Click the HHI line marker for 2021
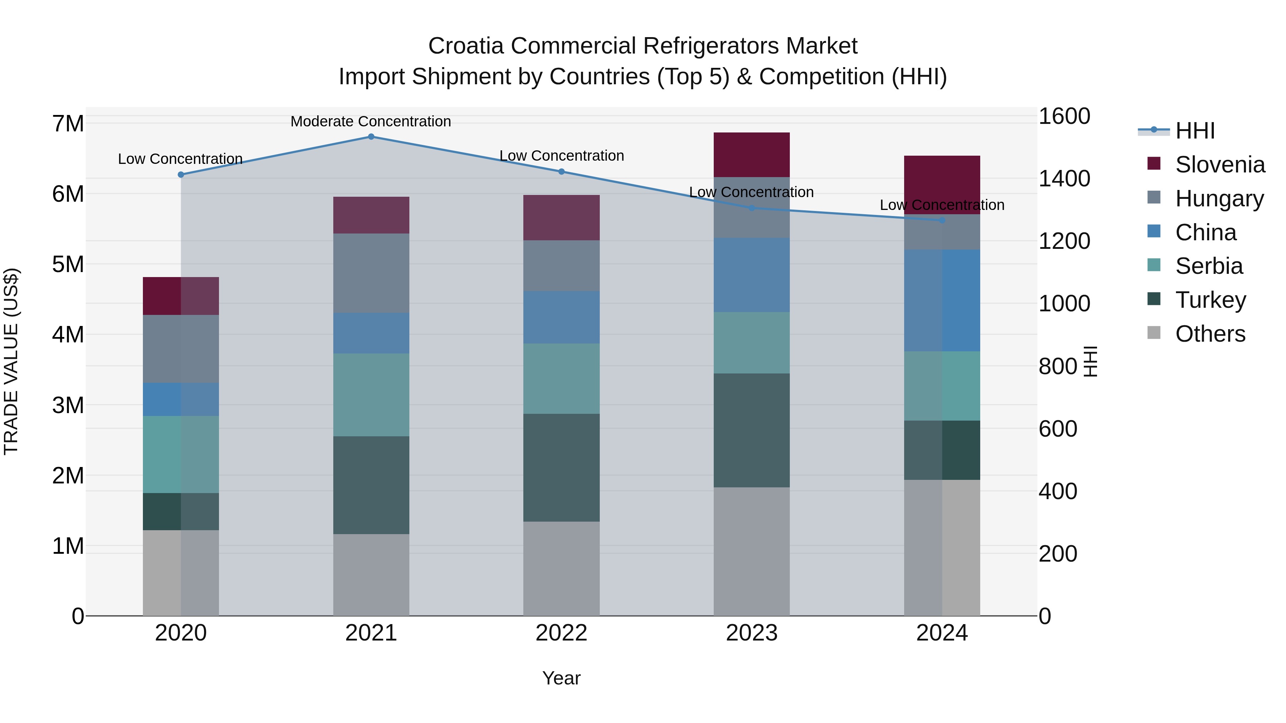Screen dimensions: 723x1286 click(371, 137)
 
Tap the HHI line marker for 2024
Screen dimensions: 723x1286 click(942, 220)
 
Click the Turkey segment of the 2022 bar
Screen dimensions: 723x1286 click(561, 467)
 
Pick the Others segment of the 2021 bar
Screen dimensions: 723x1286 click(371, 575)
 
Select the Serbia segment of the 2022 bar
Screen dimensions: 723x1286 click(561, 378)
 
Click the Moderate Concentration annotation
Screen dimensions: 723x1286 click(370, 121)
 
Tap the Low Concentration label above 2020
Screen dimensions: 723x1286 click(180, 159)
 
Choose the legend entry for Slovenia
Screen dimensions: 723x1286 click(1220, 165)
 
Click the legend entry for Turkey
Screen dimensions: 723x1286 click(1210, 300)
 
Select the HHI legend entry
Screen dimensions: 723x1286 click(1195, 131)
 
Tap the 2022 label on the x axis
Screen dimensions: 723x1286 click(561, 633)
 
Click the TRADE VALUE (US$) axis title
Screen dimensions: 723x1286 click(11, 361)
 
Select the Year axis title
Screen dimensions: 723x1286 click(561, 678)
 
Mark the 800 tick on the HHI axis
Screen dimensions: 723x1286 click(1057, 367)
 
